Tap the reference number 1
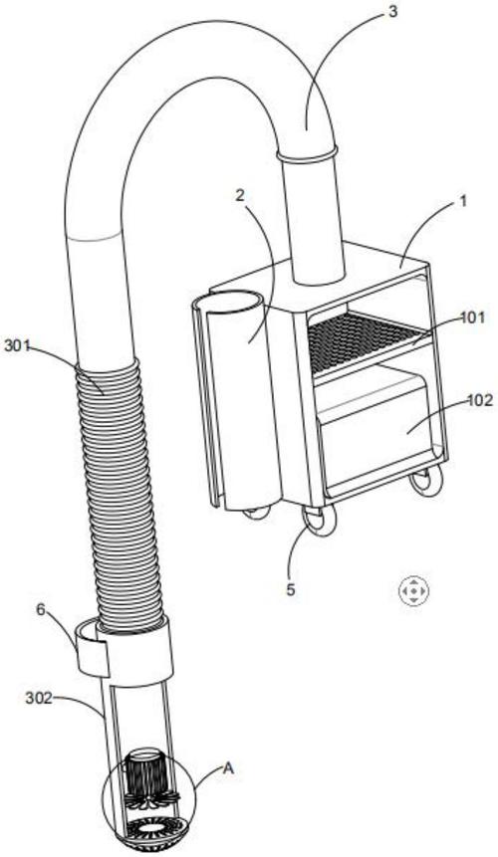click(x=463, y=202)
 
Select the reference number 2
click(x=240, y=196)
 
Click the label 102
click(x=480, y=400)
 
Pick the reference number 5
click(x=291, y=589)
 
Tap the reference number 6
click(x=41, y=610)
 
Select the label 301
click(x=17, y=346)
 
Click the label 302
click(x=39, y=699)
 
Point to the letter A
click(x=228, y=768)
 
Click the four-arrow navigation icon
click(x=413, y=591)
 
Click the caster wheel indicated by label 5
click(x=319, y=520)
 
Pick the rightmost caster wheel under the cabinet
click(x=425, y=481)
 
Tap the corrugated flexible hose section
click(x=121, y=498)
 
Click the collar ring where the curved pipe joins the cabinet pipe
click(x=306, y=153)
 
